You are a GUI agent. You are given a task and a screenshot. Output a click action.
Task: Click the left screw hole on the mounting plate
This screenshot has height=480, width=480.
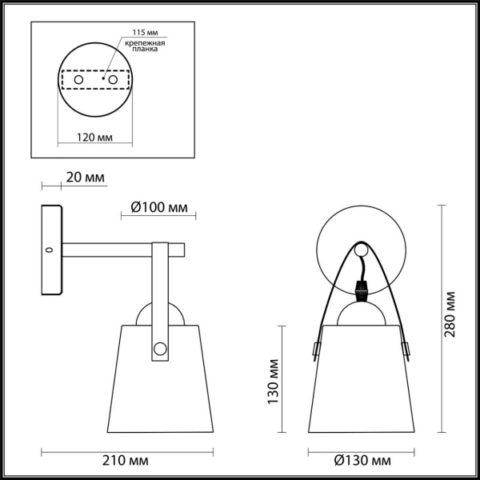pyautogui.click(x=78, y=80)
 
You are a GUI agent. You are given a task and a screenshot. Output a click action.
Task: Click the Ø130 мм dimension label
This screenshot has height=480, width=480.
pyautogui.click(x=363, y=462)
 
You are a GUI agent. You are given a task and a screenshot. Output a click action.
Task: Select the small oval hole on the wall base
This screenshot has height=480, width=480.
pyautogui.click(x=50, y=250)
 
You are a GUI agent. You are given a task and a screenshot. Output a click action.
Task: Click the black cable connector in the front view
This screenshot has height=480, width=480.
pyautogui.click(x=361, y=286)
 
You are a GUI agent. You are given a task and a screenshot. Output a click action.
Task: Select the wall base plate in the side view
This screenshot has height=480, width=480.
pyautogui.click(x=51, y=250)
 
